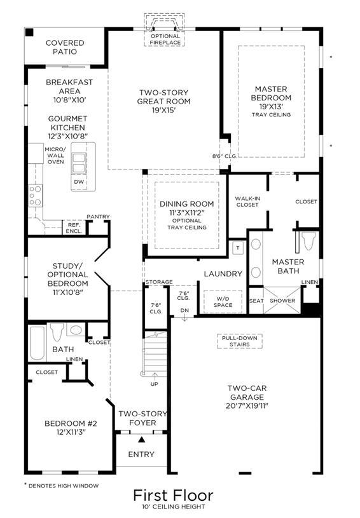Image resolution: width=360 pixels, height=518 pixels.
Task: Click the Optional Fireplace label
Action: pyautogui.click(x=165, y=39)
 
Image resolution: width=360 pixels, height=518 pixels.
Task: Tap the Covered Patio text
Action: pyautogui.click(x=65, y=47)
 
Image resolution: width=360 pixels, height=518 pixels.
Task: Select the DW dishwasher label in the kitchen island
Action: pyautogui.click(x=79, y=182)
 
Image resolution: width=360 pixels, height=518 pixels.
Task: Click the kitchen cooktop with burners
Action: pyautogui.click(x=35, y=196)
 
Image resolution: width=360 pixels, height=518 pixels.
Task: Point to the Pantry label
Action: pyautogui.click(x=98, y=216)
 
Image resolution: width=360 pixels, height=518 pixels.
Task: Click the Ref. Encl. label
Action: pyautogui.click(x=74, y=228)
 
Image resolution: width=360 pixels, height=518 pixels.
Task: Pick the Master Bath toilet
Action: pyautogui.click(x=308, y=241)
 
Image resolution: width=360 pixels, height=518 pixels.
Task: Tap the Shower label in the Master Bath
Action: pyautogui.click(x=282, y=301)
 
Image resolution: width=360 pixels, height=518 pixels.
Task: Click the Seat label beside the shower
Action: pyautogui.click(x=256, y=301)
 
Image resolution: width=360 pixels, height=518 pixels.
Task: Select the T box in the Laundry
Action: pyautogui.click(x=238, y=248)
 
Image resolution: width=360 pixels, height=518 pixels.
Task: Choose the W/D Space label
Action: pyautogui.click(x=223, y=302)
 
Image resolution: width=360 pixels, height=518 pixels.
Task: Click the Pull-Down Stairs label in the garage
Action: pyautogui.click(x=240, y=341)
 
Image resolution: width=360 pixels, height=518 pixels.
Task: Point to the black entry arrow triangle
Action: pyautogui.click(x=141, y=439)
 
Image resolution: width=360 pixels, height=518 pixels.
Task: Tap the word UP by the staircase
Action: pyautogui.click(x=155, y=384)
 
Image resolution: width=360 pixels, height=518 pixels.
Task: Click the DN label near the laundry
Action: pyautogui.click(x=184, y=311)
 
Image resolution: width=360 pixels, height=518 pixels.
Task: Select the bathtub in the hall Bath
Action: pyautogui.click(x=37, y=343)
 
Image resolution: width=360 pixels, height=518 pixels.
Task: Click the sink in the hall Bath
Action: pyautogui.click(x=76, y=330)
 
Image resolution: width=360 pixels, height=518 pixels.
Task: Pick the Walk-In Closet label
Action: pyautogui.click(x=247, y=201)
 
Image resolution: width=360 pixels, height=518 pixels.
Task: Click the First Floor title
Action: pyautogui.click(x=173, y=496)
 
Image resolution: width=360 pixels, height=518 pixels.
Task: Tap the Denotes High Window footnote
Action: pyautogui.click(x=62, y=486)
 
